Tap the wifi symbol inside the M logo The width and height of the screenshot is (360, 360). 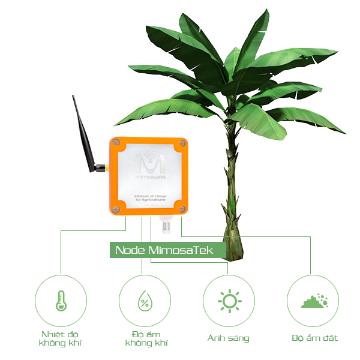[148, 157]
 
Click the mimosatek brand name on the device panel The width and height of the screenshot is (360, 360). [147, 178]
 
